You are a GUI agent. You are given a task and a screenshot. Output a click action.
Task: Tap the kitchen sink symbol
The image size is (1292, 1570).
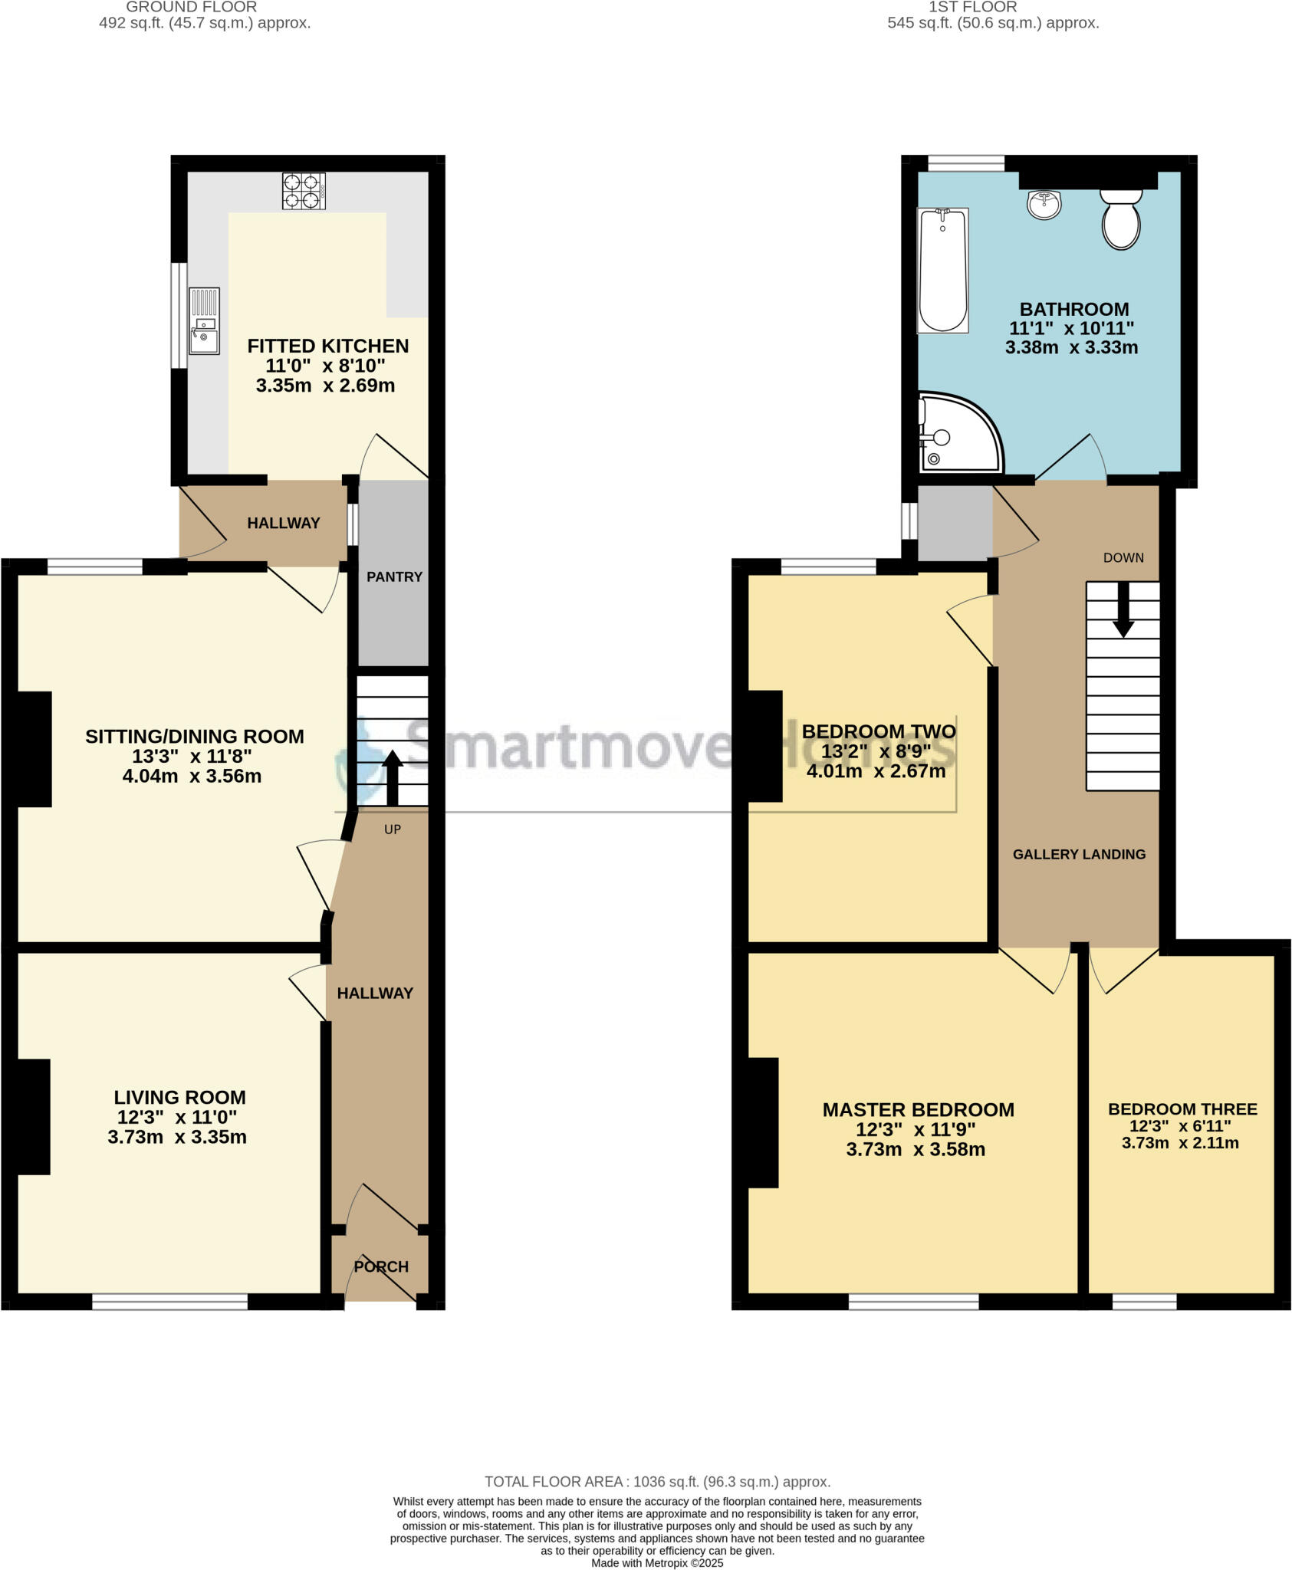tap(204, 321)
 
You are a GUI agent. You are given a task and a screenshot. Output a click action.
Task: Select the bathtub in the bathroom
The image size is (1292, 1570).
tap(942, 271)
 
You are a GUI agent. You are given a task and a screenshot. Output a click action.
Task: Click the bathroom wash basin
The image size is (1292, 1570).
tap(1044, 204)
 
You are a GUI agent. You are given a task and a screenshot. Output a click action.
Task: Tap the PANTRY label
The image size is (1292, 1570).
tap(394, 577)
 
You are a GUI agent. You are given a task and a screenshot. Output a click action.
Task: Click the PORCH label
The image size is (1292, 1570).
tap(381, 1266)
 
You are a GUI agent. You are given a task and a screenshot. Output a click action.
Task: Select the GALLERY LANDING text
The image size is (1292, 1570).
tap(1079, 854)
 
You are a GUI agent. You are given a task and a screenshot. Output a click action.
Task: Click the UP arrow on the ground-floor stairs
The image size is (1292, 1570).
tap(392, 776)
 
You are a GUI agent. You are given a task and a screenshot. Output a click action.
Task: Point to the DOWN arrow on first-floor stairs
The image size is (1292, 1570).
tap(1123, 610)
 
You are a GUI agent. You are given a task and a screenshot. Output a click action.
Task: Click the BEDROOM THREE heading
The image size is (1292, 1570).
tap(1182, 1109)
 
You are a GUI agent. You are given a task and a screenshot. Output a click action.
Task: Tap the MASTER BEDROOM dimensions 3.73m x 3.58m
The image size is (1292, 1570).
tap(915, 1150)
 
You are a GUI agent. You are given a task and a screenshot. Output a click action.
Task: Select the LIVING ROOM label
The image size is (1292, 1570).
tap(179, 1097)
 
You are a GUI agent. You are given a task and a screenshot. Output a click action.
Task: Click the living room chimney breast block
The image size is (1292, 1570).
tap(32, 1116)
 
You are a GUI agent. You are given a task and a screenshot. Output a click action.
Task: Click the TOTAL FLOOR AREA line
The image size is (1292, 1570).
tap(657, 1482)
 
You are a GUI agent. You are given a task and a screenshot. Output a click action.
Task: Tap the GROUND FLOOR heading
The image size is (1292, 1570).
tap(191, 7)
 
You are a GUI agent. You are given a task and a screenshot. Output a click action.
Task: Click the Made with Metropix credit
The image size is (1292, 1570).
tap(657, 1563)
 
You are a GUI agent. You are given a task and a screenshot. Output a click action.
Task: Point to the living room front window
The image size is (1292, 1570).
tap(169, 1301)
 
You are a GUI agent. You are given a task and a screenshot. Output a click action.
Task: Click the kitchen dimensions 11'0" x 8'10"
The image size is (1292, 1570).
tap(325, 366)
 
